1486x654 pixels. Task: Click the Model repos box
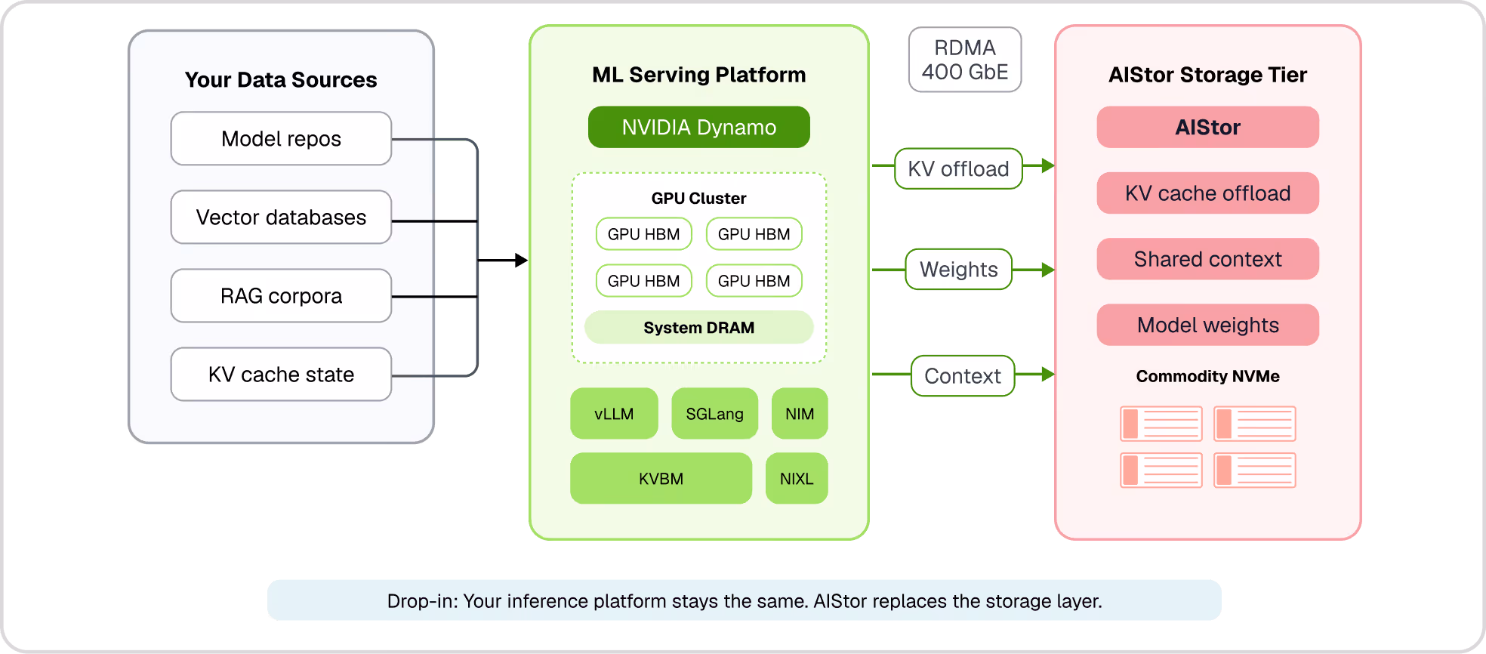point(281,139)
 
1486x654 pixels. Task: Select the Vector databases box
point(281,217)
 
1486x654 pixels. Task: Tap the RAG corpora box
point(281,296)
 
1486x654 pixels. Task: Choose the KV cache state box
point(281,375)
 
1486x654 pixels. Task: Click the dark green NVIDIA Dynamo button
point(698,127)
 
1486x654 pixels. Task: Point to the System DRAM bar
point(698,328)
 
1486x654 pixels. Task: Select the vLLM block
point(614,414)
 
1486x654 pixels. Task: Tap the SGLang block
point(714,414)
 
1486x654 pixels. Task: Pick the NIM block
point(800,414)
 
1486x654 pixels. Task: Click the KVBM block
point(661,479)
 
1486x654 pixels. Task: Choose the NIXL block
point(797,479)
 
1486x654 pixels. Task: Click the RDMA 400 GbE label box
point(965,60)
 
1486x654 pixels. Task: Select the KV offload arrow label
point(958,168)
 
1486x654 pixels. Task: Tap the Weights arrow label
point(958,270)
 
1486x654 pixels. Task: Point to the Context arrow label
point(963,376)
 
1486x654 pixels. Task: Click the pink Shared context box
point(1207,259)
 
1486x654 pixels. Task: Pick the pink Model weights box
point(1207,325)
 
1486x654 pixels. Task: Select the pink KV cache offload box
point(1207,193)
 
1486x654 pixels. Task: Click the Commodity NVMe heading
point(1207,376)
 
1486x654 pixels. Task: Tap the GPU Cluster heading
point(698,199)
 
